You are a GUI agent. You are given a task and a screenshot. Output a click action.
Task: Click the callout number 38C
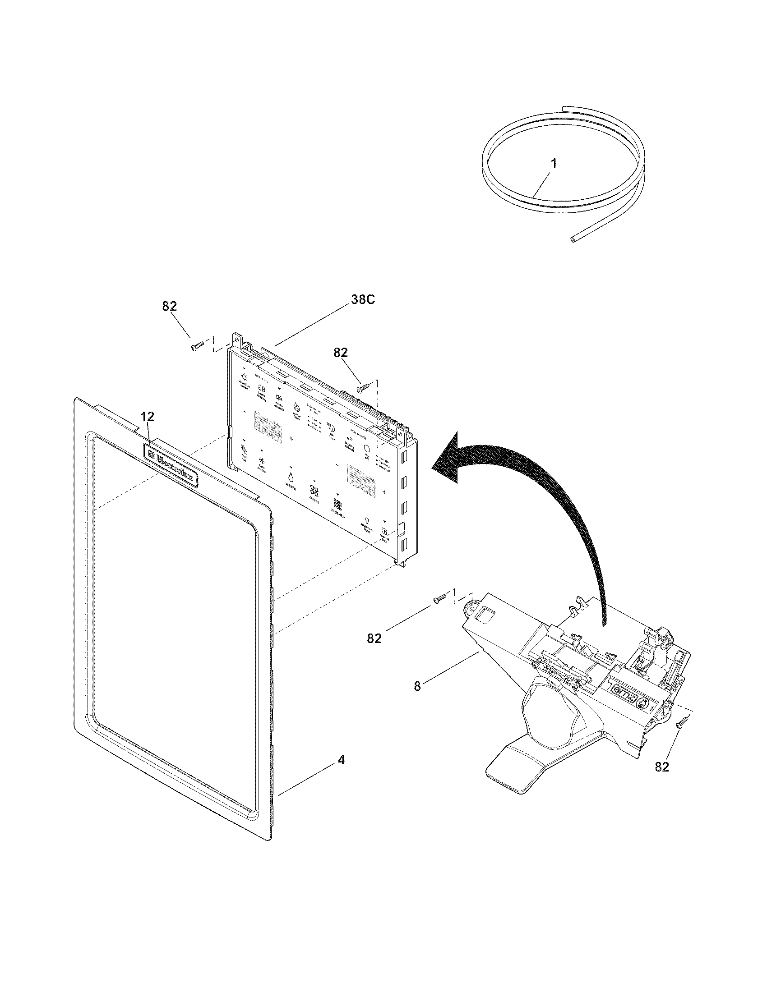pyautogui.click(x=362, y=300)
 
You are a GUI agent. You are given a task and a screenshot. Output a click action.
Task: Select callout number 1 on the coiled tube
pyautogui.click(x=553, y=164)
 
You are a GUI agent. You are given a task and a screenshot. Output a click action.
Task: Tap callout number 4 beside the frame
pyautogui.click(x=341, y=760)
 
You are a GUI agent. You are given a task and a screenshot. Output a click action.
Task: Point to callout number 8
pyautogui.click(x=417, y=686)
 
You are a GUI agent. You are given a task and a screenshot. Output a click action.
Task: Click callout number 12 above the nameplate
pyautogui.click(x=147, y=416)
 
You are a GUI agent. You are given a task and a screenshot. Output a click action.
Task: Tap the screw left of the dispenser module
pyautogui.click(x=438, y=600)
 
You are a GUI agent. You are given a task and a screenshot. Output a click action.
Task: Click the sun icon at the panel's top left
pyautogui.click(x=245, y=377)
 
